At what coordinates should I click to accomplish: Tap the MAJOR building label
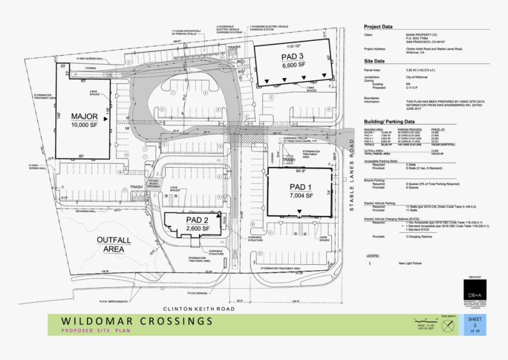(84, 116)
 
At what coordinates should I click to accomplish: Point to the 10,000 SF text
(84, 125)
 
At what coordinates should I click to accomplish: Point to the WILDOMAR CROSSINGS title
(136, 321)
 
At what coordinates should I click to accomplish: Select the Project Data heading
(378, 27)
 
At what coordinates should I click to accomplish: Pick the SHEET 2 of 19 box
(474, 325)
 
